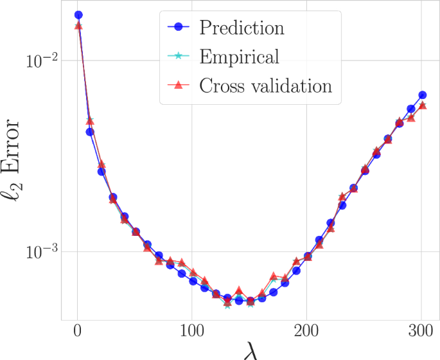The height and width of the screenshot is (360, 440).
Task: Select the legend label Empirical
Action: [x=240, y=57]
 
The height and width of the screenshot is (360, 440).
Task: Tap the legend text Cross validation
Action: [x=266, y=85]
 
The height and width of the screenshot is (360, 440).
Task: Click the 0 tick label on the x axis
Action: [x=78, y=334]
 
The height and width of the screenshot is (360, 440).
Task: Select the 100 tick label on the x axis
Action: [x=193, y=334]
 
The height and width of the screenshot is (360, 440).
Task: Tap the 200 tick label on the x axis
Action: [x=308, y=334]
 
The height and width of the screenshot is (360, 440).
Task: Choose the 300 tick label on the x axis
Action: [x=422, y=334]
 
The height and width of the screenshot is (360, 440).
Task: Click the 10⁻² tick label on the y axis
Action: [x=42, y=60]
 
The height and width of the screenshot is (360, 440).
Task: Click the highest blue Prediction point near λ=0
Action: [x=78, y=15]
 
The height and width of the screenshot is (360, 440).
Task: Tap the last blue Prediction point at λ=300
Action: [x=423, y=95]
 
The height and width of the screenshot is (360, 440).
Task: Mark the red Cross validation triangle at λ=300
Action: [x=423, y=105]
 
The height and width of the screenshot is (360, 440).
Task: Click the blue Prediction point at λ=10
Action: [x=90, y=132]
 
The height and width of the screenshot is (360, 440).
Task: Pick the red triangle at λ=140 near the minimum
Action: [x=239, y=291]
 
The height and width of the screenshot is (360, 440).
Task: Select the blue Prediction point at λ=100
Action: [x=193, y=282]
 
